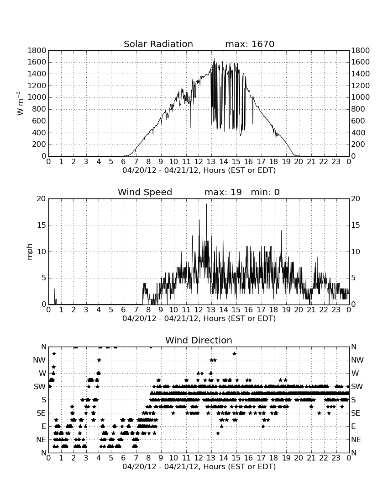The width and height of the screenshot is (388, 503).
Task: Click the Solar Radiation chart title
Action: pyautogui.click(x=158, y=44)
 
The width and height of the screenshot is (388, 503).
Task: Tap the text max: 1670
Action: pyautogui.click(x=250, y=44)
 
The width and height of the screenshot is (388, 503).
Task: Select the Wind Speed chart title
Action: pyautogui.click(x=145, y=193)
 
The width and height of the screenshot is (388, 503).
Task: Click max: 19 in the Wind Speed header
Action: pyautogui.click(x=223, y=193)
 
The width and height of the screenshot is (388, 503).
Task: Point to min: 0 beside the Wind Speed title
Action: pyautogui.click(x=265, y=193)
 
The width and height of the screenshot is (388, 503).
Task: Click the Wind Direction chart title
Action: pyautogui.click(x=199, y=340)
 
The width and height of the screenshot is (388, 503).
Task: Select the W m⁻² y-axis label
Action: pyautogui.click(x=20, y=103)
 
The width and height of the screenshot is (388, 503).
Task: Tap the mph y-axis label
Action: pyautogui.click(x=30, y=252)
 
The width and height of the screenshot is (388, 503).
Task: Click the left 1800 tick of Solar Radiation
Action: pyautogui.click(x=37, y=51)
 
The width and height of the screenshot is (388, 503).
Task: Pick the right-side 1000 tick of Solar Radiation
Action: pyautogui.click(x=361, y=97)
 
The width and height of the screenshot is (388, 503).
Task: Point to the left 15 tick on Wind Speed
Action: pyautogui.click(x=42, y=225)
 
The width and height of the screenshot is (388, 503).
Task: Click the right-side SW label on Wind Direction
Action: pyautogui.click(x=357, y=386)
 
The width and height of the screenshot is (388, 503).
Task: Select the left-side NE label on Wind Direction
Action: pyautogui.click(x=41, y=439)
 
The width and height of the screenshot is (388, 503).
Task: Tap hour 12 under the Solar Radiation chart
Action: pyautogui.click(x=199, y=162)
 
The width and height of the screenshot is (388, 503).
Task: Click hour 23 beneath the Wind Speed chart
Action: pyautogui.click(x=336, y=310)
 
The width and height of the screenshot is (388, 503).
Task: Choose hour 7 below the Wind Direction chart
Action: pyautogui.click(x=136, y=458)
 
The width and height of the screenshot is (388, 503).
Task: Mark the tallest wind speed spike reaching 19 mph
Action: pyautogui.click(x=206, y=204)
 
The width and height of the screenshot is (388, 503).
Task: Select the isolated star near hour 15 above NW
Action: pyautogui.click(x=234, y=353)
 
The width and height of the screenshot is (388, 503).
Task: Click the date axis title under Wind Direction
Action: pyautogui.click(x=199, y=466)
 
